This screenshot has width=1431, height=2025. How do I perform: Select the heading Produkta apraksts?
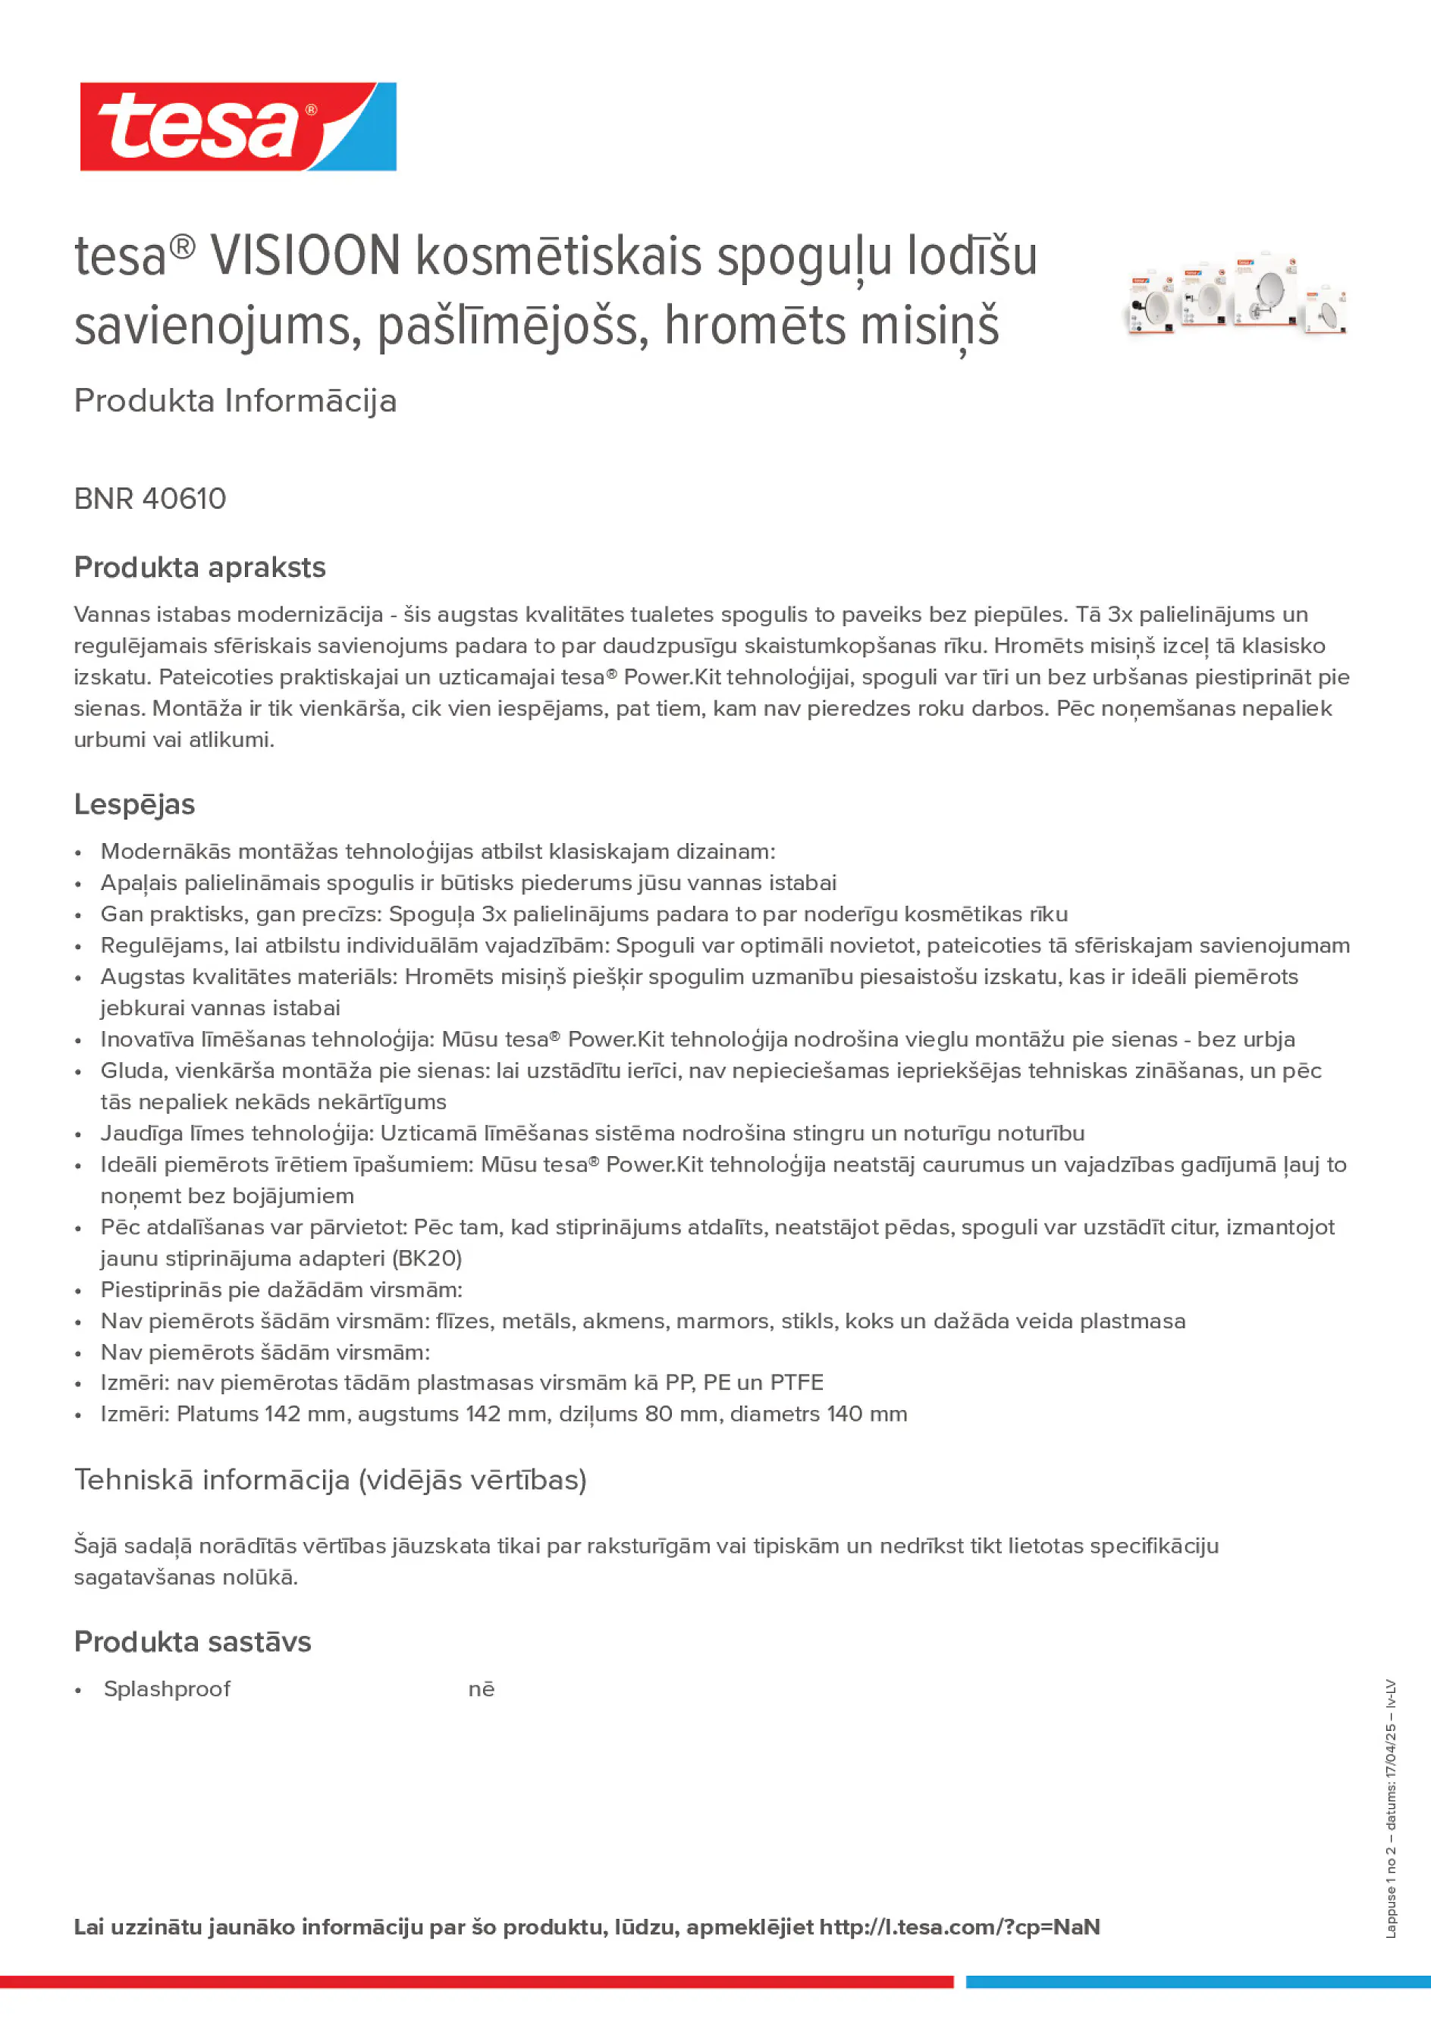click(x=199, y=567)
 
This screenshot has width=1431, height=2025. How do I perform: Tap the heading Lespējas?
click(x=134, y=804)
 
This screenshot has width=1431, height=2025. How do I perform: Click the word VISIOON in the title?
click(x=306, y=257)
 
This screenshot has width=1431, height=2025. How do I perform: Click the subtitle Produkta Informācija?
click(x=234, y=400)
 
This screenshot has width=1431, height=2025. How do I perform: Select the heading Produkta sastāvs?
click(x=193, y=1641)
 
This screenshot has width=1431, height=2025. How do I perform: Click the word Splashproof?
click(x=167, y=1688)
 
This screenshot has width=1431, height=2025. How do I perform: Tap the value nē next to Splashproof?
click(x=481, y=1688)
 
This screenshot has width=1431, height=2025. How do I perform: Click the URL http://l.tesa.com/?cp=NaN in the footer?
click(x=959, y=1926)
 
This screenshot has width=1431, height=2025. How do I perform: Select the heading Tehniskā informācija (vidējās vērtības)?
click(x=330, y=1479)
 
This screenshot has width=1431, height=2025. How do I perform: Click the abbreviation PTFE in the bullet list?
click(x=797, y=1382)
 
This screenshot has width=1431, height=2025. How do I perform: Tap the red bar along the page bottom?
click(x=476, y=1982)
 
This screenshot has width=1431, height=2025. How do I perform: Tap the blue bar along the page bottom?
click(x=1198, y=1982)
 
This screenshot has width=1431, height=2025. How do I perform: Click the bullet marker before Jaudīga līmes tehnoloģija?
click(x=79, y=1134)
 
